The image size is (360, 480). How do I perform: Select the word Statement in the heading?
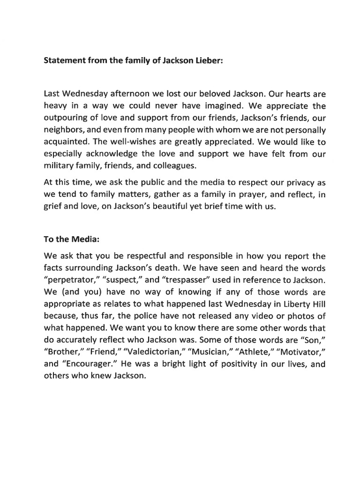[x=65, y=61]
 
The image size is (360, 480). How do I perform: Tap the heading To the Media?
[x=72, y=240]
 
